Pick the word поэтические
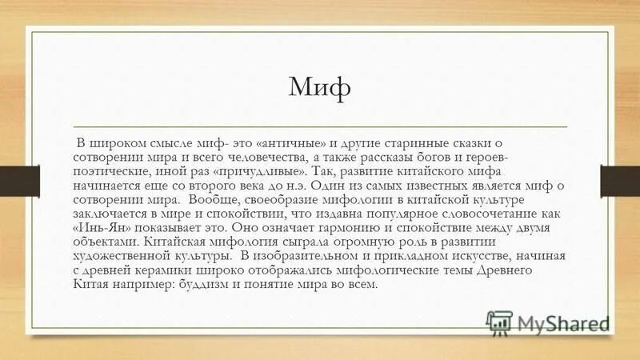109,171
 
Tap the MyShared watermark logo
550,323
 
